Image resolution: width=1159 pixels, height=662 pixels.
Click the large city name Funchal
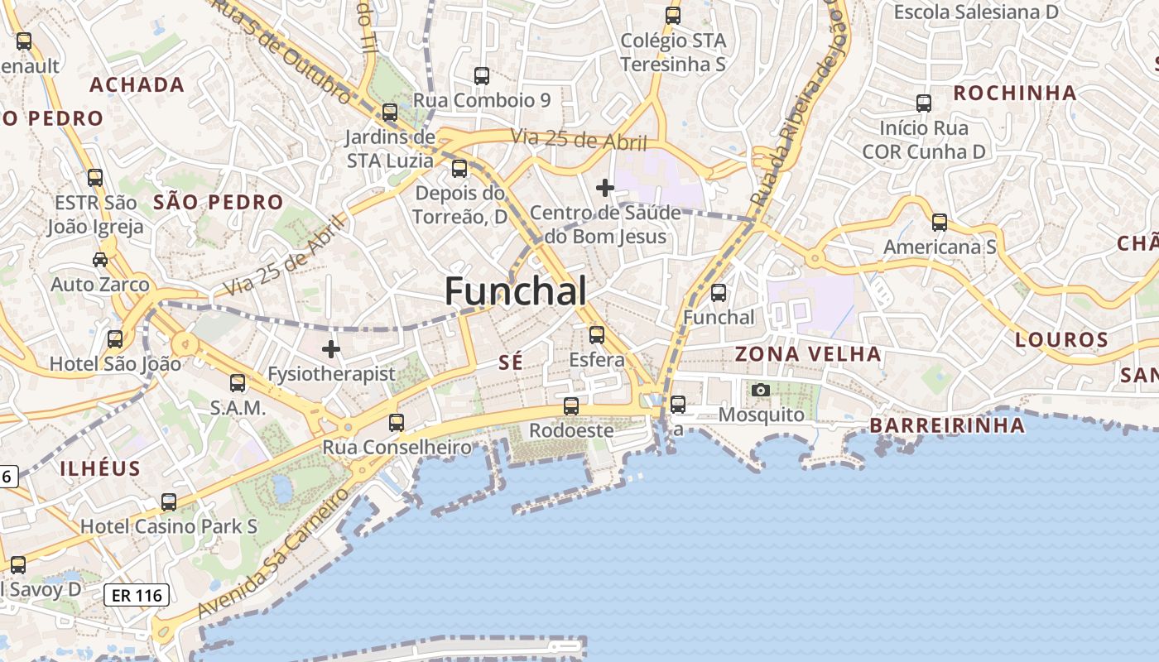[516, 291]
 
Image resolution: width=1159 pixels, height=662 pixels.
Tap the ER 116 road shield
[137, 594]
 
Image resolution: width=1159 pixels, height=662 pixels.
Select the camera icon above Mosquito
[760, 390]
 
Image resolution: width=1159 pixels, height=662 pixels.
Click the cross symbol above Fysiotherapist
[331, 349]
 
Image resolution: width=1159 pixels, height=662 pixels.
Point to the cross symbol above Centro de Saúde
[605, 188]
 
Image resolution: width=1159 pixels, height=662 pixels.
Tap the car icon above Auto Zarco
[100, 260]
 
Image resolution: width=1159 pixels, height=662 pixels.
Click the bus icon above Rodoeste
[571, 406]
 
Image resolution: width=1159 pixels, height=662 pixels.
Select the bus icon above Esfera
[597, 335]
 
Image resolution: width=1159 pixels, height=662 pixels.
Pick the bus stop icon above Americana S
[940, 223]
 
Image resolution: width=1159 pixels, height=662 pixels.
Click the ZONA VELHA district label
[808, 354]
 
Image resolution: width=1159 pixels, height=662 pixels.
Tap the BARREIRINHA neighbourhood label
[946, 425]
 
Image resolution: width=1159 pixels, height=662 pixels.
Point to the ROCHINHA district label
[1014, 93]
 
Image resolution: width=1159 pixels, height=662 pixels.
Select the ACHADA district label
[137, 84]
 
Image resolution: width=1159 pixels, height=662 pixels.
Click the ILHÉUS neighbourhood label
[100, 468]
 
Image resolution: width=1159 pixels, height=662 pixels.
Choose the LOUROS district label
[1061, 339]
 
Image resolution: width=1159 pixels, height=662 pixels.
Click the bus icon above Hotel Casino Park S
[169, 501]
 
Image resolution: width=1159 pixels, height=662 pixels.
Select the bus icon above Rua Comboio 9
[482, 76]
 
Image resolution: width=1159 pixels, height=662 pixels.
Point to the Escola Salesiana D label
[976, 12]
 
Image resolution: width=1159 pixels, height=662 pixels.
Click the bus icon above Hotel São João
[115, 338]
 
